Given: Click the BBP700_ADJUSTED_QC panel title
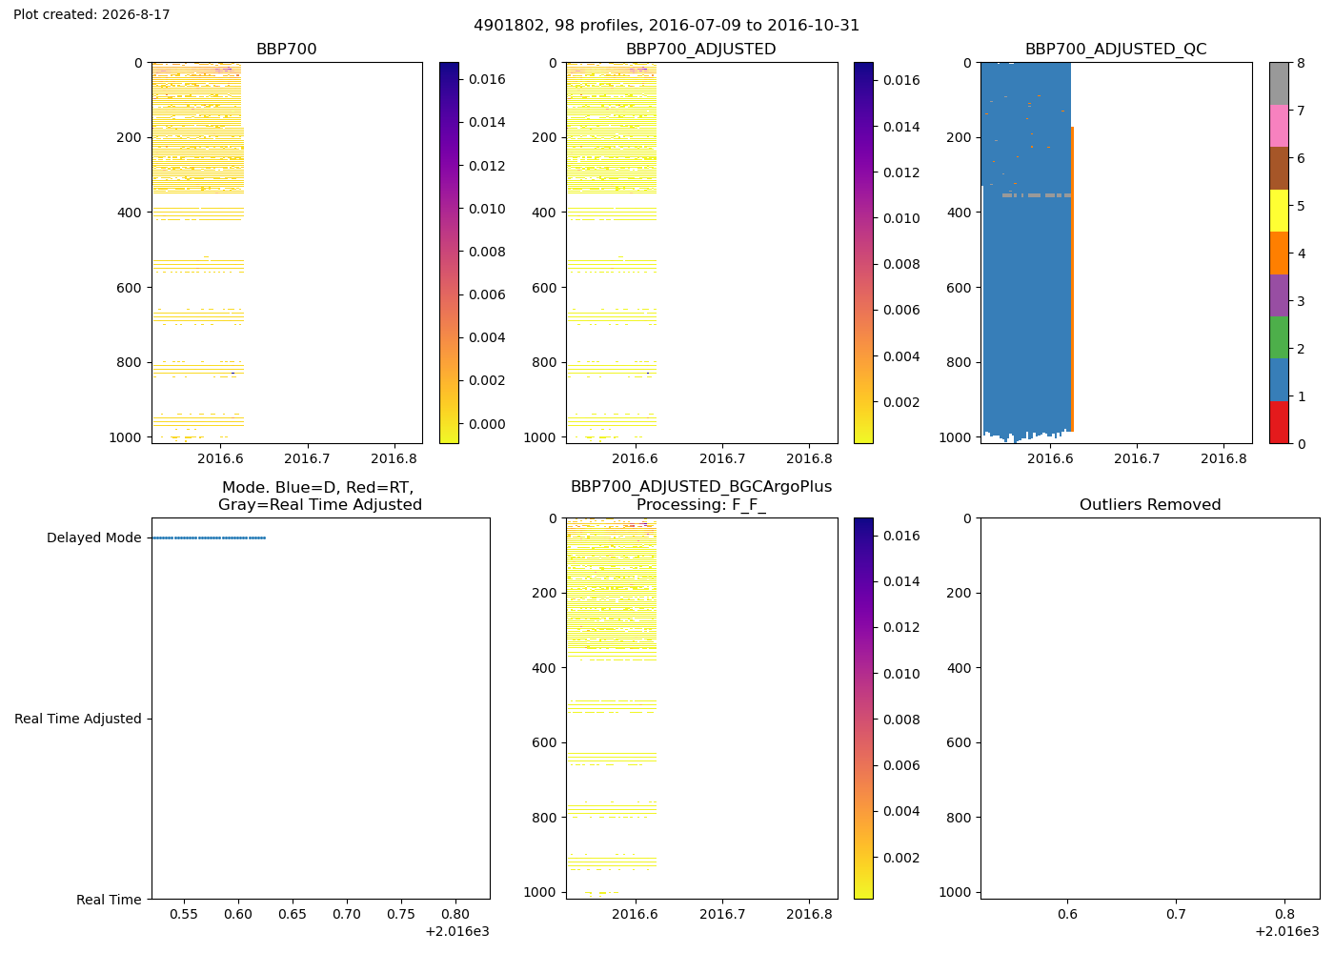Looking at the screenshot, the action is [x=1116, y=49].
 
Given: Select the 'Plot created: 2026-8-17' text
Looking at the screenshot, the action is [x=91, y=14].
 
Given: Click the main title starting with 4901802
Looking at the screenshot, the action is [x=666, y=26].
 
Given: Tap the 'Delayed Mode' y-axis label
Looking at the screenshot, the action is [x=94, y=537].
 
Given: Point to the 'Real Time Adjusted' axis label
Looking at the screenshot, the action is [x=78, y=719].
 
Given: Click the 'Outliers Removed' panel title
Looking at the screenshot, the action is [x=1150, y=505].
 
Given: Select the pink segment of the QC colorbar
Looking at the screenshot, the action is [x=1279, y=126].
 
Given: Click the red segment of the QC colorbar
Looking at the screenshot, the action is [x=1279, y=422].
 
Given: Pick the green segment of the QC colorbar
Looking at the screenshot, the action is [x=1279, y=337].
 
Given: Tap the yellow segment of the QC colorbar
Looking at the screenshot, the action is [x=1279, y=211].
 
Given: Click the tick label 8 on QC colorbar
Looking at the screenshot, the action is [x=1301, y=63].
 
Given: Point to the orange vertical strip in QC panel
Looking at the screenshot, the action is [x=1072, y=278].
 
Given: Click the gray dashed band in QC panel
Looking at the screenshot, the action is [x=1037, y=195].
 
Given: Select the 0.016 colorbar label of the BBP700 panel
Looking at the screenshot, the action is [x=487, y=79].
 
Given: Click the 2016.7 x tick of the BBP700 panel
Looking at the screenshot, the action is [x=307, y=458].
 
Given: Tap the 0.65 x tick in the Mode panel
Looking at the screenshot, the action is [x=293, y=914].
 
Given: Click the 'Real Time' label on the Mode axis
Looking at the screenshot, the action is [x=109, y=900].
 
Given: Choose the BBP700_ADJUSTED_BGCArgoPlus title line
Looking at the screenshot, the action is [x=701, y=487].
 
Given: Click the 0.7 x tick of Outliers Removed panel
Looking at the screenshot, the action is [x=1176, y=914].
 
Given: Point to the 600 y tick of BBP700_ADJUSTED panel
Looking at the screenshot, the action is [x=544, y=288].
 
